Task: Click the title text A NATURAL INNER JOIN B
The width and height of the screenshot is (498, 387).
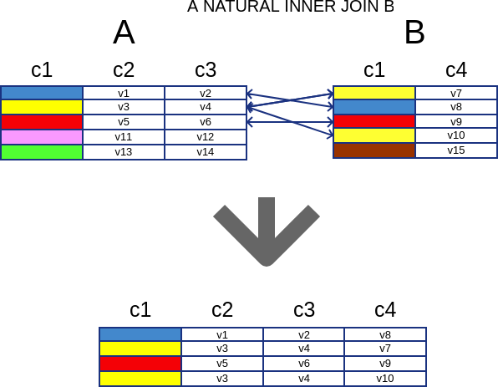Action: pos(291,7)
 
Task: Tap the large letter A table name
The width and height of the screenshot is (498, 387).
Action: pos(124,33)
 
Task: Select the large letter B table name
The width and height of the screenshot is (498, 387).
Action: pos(414,33)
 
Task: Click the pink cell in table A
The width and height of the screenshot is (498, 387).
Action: pos(42,137)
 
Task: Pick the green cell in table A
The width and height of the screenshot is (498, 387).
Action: pos(42,152)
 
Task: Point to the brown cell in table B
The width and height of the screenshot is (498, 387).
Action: pos(374,150)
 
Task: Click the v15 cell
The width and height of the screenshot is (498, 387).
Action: pos(456,150)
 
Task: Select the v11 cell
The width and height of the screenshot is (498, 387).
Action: pos(124,137)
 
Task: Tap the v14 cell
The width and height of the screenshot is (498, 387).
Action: pos(206,152)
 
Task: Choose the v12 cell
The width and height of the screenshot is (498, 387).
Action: pos(206,137)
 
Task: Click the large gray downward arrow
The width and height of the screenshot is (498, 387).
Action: pos(267,232)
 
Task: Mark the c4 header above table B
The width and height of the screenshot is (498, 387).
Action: pos(456,70)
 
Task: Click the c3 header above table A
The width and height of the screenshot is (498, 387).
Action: pos(206,70)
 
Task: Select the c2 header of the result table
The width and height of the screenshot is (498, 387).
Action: pos(222,309)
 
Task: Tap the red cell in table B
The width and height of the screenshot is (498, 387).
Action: pos(374,121)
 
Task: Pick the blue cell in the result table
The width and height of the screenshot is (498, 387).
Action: pos(140,334)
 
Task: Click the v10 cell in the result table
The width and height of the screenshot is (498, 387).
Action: pos(385,379)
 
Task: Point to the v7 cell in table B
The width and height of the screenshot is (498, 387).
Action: pos(456,93)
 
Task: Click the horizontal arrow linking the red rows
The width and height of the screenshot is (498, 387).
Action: pos(290,122)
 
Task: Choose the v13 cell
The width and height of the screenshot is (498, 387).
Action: pos(124,152)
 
